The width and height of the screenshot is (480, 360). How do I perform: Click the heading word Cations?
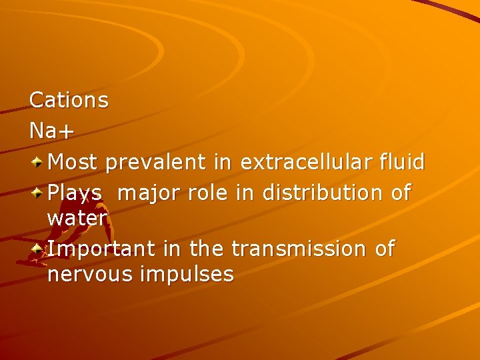point(69,101)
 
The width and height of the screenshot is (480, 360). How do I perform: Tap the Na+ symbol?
point(51,131)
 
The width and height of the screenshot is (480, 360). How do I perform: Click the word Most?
point(73,162)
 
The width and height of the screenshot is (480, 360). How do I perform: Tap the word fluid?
point(401,162)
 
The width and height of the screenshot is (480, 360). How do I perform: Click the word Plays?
point(75,193)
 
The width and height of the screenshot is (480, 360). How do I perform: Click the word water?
point(77,219)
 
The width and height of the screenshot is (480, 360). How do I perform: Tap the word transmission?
point(299,249)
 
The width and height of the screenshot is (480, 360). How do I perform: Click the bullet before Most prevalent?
point(38,161)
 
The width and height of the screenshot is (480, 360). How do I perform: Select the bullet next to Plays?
point(38,192)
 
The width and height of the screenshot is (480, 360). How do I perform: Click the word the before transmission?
point(207,249)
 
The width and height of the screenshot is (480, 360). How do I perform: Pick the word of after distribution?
point(401,193)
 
